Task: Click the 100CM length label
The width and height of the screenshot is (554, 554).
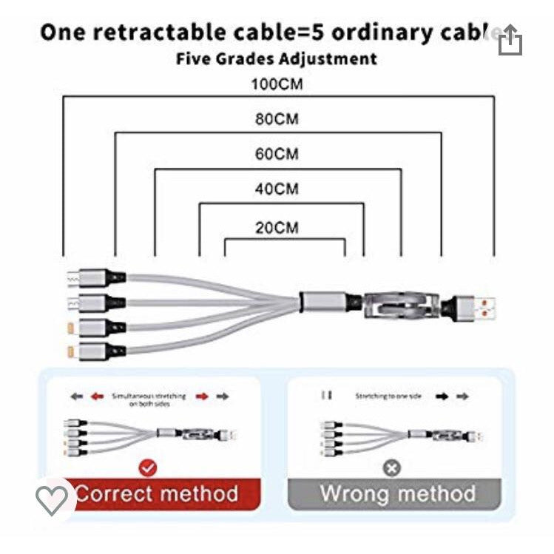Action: (x=277, y=84)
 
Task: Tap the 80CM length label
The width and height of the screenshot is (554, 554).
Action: (x=277, y=119)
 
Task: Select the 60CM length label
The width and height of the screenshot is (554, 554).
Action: (x=277, y=155)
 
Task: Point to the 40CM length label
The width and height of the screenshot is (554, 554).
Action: (x=277, y=189)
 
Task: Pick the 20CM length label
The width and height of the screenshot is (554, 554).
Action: (x=277, y=227)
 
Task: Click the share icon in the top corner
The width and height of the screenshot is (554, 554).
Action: (x=510, y=41)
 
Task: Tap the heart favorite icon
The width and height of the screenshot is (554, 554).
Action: (x=52, y=500)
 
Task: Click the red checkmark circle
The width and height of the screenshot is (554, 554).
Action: (x=148, y=467)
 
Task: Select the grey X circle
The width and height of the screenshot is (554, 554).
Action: (x=392, y=467)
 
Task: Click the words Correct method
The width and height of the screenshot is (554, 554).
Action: (x=157, y=493)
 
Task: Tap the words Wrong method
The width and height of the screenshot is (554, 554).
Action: (x=398, y=493)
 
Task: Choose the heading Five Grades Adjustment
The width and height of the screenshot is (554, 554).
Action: (x=277, y=58)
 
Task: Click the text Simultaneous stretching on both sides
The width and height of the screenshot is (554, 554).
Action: (x=149, y=399)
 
